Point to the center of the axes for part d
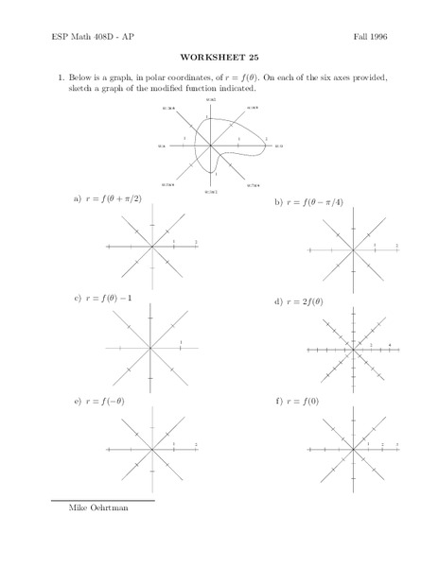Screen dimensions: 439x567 click(351, 350)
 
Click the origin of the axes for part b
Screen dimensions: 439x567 click(351, 250)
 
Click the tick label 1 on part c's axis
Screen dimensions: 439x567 click(180, 341)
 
